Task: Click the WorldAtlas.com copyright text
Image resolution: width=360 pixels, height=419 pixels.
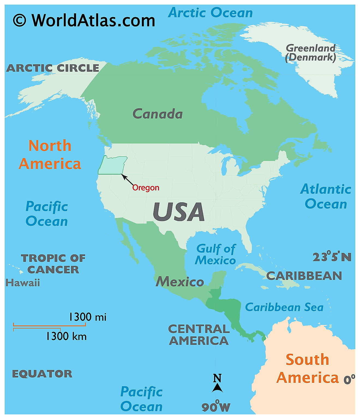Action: pos(84,20)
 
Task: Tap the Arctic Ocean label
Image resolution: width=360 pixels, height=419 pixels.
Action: pos(210,13)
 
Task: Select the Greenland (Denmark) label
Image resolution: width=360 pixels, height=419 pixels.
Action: pos(311,53)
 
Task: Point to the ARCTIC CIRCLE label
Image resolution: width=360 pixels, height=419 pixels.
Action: pos(53,68)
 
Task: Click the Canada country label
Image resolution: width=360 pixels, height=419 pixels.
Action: pos(158,114)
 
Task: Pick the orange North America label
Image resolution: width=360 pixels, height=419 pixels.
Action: pos(50,155)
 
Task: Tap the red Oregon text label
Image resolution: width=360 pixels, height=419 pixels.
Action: pos(146,188)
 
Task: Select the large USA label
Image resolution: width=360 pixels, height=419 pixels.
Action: pos(179,212)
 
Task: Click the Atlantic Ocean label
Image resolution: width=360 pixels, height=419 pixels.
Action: pos(326,197)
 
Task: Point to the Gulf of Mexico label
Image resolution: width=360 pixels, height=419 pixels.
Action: pos(215,255)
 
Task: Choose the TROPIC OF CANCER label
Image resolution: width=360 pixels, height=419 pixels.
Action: pos(53,264)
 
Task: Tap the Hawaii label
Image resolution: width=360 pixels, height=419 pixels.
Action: pos(23,283)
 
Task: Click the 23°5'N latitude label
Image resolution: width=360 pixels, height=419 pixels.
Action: pos(332,257)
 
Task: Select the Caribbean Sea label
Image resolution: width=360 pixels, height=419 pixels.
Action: pos(284,307)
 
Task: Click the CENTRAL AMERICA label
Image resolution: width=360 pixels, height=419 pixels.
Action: pos(199,335)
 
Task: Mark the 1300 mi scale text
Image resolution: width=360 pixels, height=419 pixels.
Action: pos(87,317)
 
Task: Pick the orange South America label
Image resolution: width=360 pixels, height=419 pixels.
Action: pos(308,369)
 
